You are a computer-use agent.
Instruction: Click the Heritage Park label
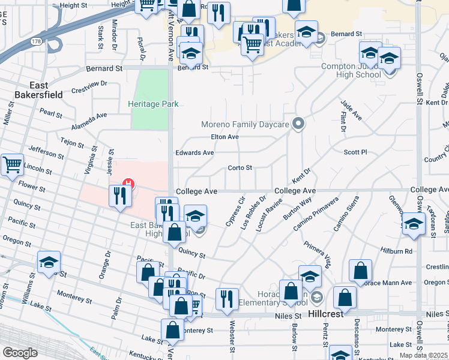tap(154, 104)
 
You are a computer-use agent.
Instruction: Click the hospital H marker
tap(127, 183)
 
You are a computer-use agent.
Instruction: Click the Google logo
tap(20, 352)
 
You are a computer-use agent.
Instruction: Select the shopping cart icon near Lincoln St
tap(12, 164)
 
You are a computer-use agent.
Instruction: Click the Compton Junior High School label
tap(351, 70)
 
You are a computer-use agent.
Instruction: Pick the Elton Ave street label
tap(225, 137)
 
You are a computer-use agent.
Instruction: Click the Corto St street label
tap(240, 168)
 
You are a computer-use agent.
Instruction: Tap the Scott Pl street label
tap(355, 152)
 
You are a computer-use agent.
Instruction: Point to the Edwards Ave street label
tap(194, 153)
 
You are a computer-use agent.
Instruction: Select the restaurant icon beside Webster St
tap(227, 299)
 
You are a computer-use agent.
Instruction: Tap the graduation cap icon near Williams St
tap(49, 262)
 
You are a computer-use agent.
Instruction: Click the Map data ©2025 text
tap(423, 355)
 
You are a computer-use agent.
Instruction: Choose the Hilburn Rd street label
tap(400, 251)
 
